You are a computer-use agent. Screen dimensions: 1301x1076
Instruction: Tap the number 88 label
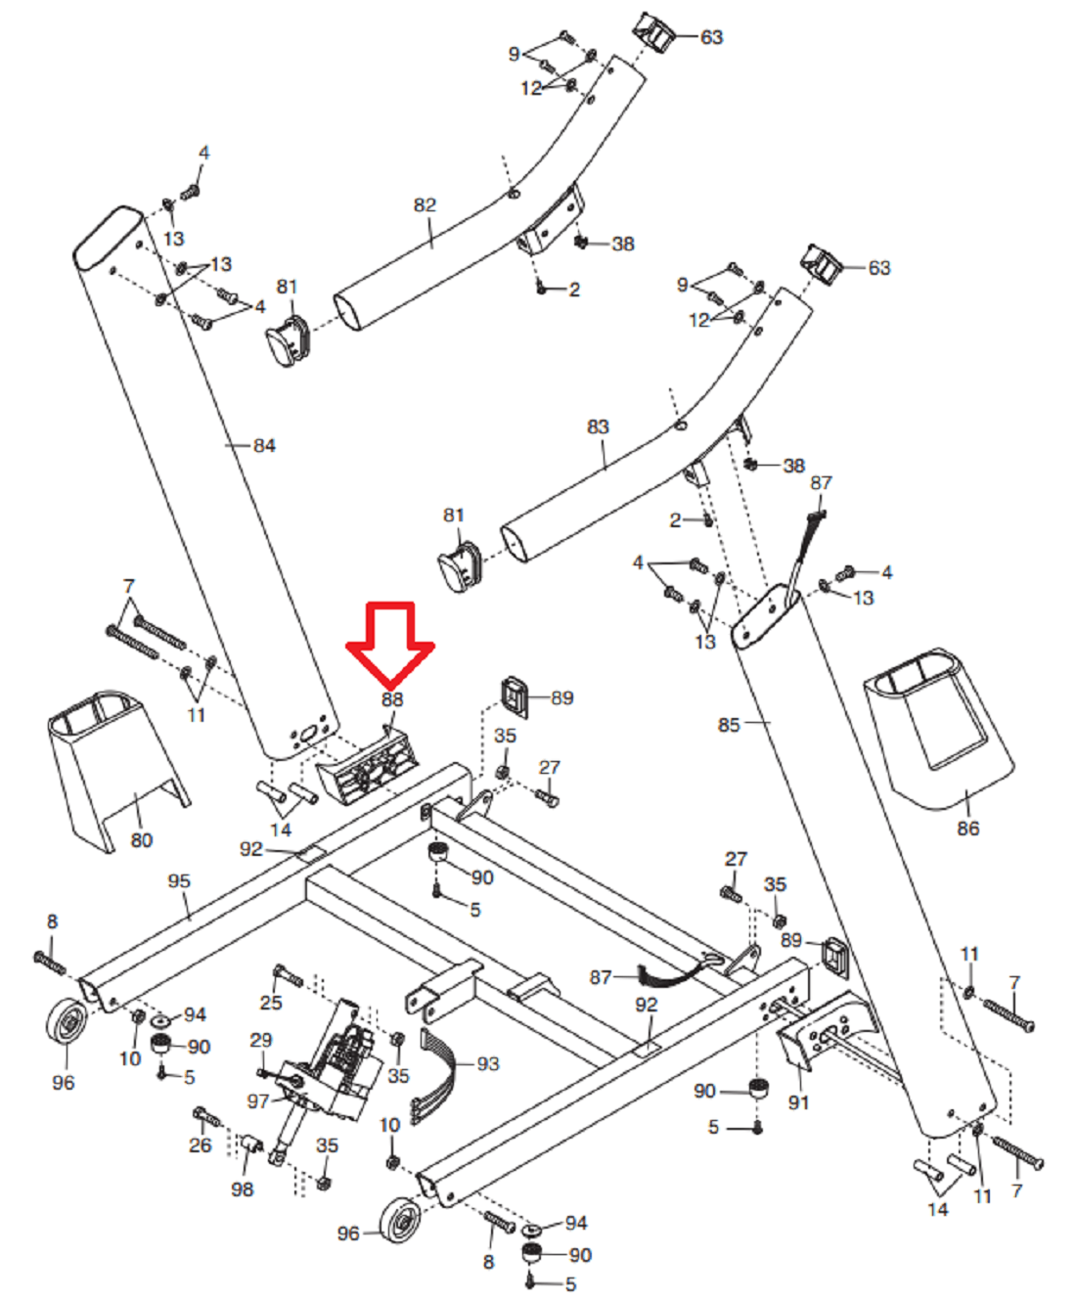(x=392, y=699)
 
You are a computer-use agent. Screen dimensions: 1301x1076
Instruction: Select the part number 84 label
(x=264, y=446)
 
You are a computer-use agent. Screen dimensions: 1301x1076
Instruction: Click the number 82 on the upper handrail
(x=425, y=205)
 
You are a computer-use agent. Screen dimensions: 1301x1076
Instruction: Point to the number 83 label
(x=598, y=427)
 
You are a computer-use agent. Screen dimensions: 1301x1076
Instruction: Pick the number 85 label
(x=729, y=725)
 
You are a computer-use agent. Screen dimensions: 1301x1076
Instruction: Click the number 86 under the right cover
(x=967, y=829)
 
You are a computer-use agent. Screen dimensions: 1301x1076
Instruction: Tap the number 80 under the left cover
(x=142, y=840)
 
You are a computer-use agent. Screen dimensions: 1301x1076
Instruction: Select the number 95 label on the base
(x=179, y=881)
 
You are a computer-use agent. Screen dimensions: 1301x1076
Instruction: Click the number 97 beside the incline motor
(x=258, y=1101)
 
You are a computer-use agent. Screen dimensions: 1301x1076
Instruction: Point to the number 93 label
(x=488, y=1063)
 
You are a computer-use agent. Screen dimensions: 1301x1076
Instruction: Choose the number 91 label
(x=799, y=1102)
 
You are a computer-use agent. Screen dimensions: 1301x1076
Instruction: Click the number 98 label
(x=243, y=1189)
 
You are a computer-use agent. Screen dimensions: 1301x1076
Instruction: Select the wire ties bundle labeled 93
(x=437, y=1071)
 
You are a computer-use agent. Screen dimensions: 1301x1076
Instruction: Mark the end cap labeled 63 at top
(x=656, y=34)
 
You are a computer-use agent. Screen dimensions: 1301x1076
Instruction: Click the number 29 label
(x=261, y=1040)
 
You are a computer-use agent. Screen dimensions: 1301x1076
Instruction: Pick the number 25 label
(x=271, y=1003)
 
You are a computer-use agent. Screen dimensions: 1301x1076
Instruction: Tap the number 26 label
(x=201, y=1144)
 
